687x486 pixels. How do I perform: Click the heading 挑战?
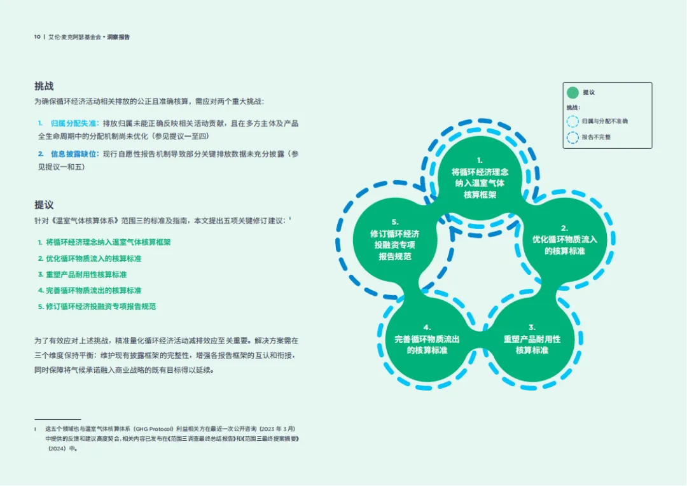(x=44, y=87)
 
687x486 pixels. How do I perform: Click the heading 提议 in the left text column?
(x=44, y=205)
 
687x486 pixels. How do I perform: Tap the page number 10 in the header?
(x=37, y=38)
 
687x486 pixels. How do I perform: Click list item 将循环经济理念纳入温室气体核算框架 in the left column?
(x=104, y=242)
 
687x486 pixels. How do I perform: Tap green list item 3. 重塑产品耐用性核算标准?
(x=82, y=274)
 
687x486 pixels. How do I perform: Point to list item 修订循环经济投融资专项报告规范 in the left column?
(x=97, y=306)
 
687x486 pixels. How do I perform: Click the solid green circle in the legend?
(x=572, y=92)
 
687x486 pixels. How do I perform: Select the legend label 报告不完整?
(x=596, y=137)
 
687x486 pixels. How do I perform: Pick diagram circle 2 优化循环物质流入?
(x=564, y=240)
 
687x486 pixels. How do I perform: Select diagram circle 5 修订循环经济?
(x=394, y=240)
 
